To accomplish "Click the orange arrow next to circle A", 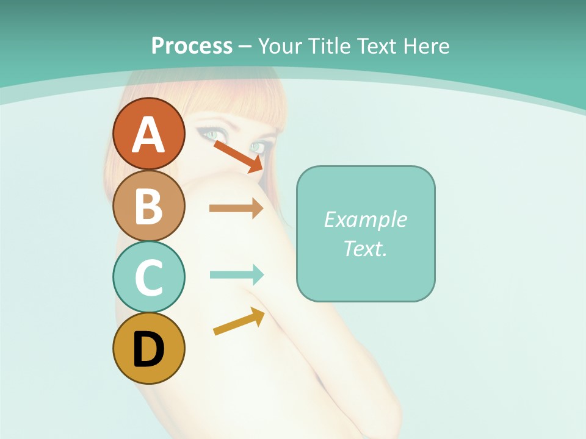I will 238,156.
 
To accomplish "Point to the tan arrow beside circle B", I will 236,209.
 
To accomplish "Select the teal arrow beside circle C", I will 237,274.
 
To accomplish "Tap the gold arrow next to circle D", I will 239,321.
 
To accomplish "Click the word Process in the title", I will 192,46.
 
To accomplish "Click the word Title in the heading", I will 330,46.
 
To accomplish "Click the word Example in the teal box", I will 365,220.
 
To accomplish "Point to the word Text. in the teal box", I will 365,249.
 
